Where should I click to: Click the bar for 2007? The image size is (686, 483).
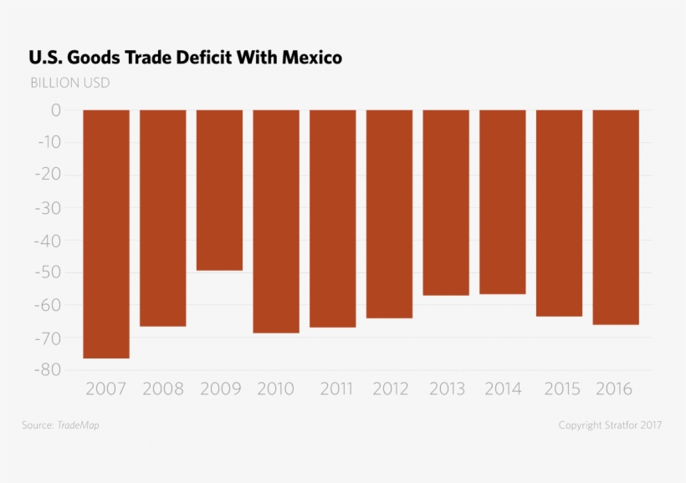point(106,234)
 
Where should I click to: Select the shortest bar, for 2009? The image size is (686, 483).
point(219,190)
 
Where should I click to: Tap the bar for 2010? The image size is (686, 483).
point(276,221)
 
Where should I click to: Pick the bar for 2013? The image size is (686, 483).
point(446,202)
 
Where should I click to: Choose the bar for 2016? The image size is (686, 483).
point(616,217)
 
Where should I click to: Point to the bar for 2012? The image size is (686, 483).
point(389,214)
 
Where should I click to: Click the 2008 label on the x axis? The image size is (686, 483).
point(163,389)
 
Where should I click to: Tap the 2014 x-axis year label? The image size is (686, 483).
point(502,389)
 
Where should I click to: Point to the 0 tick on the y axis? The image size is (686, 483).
point(56,110)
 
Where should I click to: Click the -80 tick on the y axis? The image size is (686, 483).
point(45,370)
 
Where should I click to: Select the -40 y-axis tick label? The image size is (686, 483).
point(45,241)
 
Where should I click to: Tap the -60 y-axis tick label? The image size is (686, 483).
point(45,306)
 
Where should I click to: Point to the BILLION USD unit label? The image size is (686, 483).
point(69,83)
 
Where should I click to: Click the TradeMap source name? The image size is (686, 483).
point(78,425)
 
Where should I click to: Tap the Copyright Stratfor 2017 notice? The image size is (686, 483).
point(610,425)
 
